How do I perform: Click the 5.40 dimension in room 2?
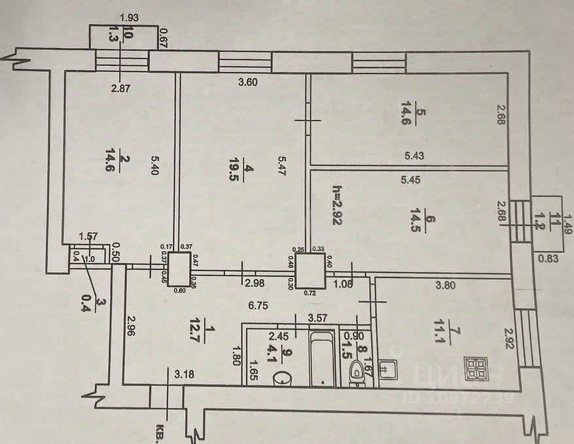pyautogui.click(x=155, y=164)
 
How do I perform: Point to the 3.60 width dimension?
pyautogui.click(x=248, y=82)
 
